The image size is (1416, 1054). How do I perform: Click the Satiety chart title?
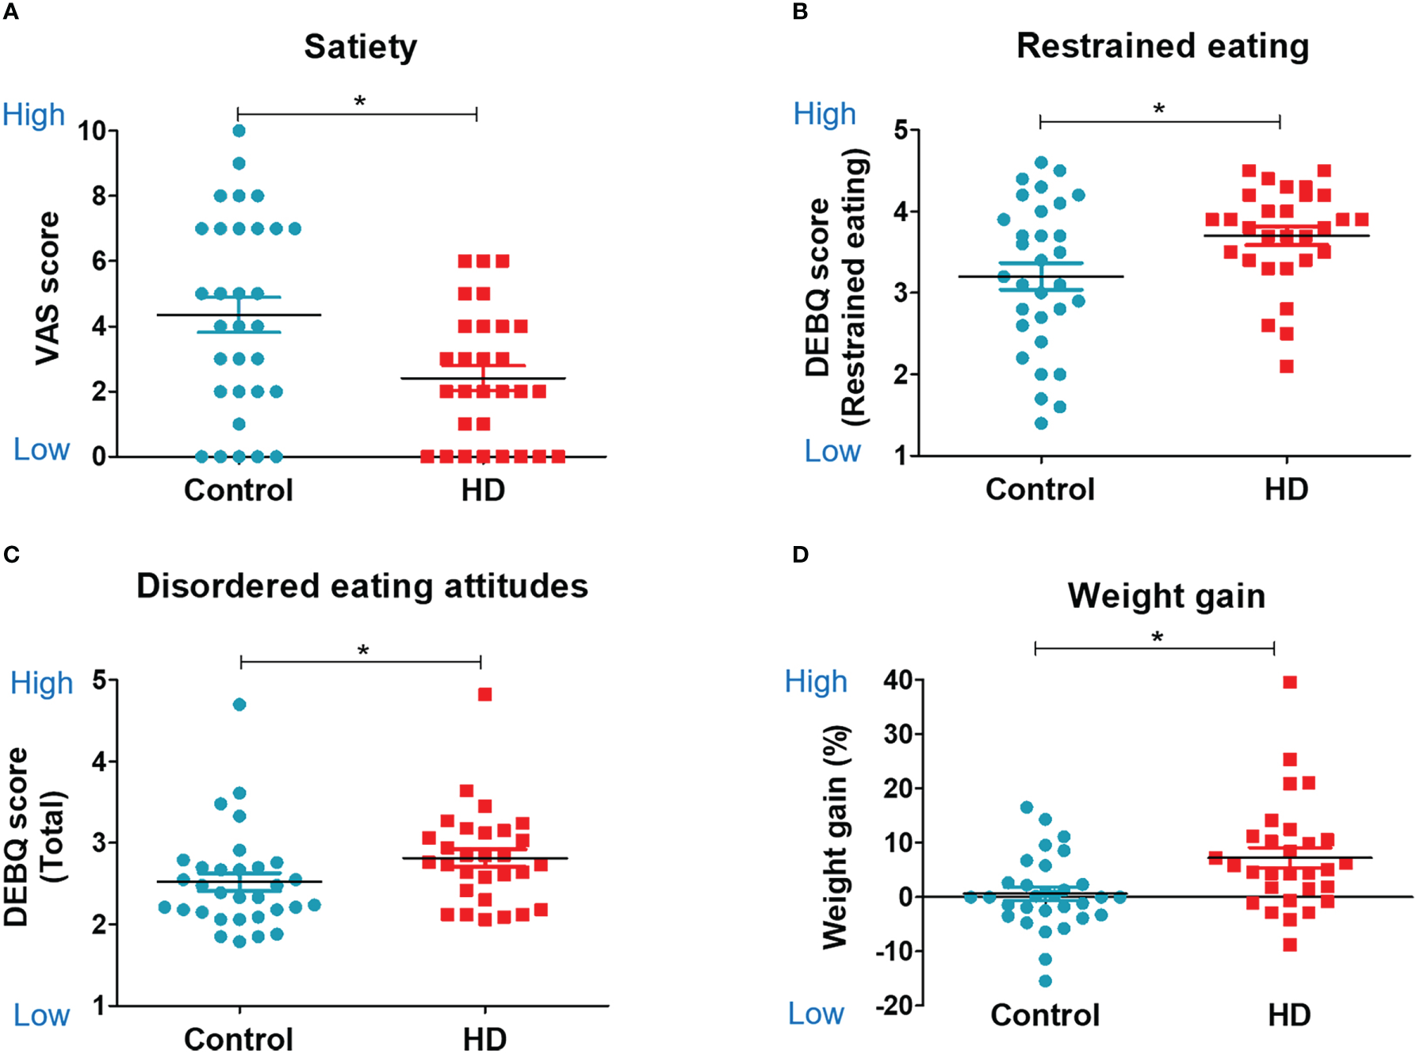tap(360, 47)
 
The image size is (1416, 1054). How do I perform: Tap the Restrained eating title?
tap(1162, 46)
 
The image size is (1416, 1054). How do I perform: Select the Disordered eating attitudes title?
tap(362, 586)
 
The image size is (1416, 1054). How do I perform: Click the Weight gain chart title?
tap(1166, 596)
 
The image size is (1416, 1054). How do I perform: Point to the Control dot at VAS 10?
tap(239, 131)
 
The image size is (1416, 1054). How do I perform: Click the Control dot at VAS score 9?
tap(239, 163)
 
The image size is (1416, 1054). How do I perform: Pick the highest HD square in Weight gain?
tap(1290, 682)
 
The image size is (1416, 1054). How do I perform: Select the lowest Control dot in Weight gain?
tap(1045, 981)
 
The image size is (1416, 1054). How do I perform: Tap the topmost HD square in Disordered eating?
tap(485, 694)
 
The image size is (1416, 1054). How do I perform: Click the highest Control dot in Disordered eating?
tap(239, 705)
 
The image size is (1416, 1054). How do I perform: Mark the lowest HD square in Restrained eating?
tap(1287, 366)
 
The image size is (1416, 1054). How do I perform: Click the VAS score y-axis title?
tap(48, 288)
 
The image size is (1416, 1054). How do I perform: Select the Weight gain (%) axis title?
tap(835, 837)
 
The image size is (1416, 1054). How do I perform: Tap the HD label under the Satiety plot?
tap(483, 491)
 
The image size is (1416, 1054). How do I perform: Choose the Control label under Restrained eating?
tap(1039, 489)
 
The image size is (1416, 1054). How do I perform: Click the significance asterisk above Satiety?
tap(360, 102)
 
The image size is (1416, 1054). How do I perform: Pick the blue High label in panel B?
tap(825, 115)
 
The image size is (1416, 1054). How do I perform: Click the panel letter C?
tap(11, 554)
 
